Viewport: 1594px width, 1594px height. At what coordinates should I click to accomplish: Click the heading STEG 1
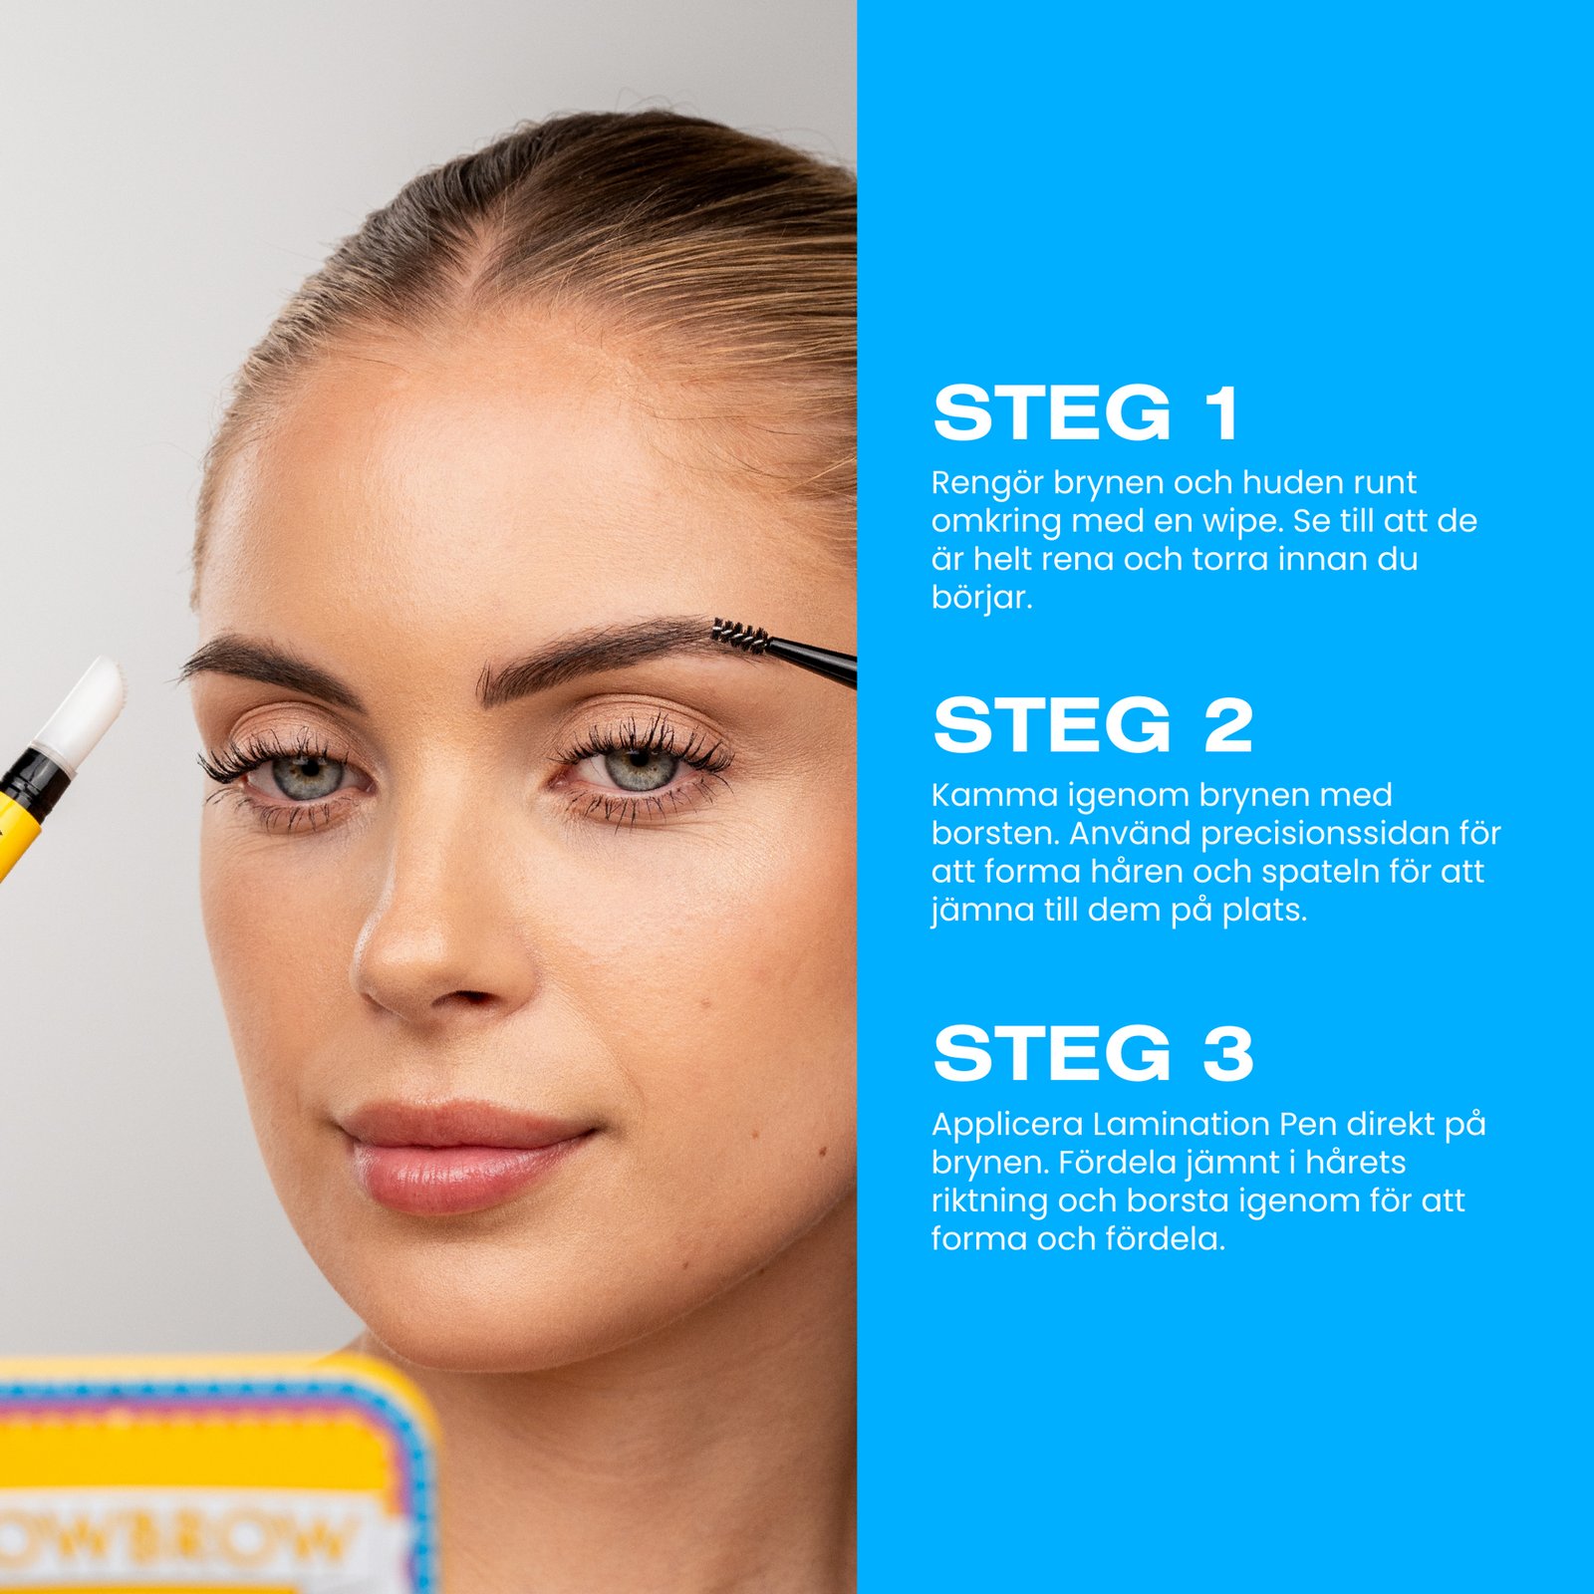click(x=1085, y=413)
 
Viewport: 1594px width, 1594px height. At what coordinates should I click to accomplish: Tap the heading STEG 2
click(x=1092, y=725)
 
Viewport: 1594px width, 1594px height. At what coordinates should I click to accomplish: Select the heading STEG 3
click(x=1092, y=1053)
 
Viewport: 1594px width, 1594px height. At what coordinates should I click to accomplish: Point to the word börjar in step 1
click(x=980, y=598)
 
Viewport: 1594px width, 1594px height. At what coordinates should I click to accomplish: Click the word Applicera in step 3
click(x=1006, y=1124)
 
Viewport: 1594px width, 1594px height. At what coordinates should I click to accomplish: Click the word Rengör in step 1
click(x=986, y=483)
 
